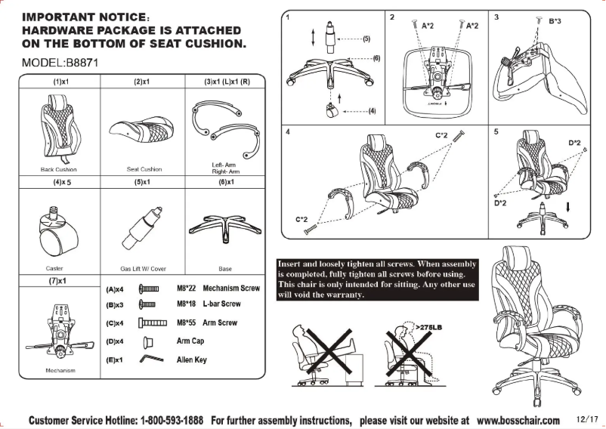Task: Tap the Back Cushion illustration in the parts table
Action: [58, 125]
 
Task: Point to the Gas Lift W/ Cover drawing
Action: [141, 225]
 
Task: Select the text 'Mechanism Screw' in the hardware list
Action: [231, 289]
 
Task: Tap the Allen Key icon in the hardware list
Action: [147, 360]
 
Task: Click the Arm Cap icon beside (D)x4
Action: [148, 341]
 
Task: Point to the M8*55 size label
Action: [186, 323]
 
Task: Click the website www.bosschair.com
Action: [518, 420]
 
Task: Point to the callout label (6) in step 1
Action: [376, 58]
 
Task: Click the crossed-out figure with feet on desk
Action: [327, 352]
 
